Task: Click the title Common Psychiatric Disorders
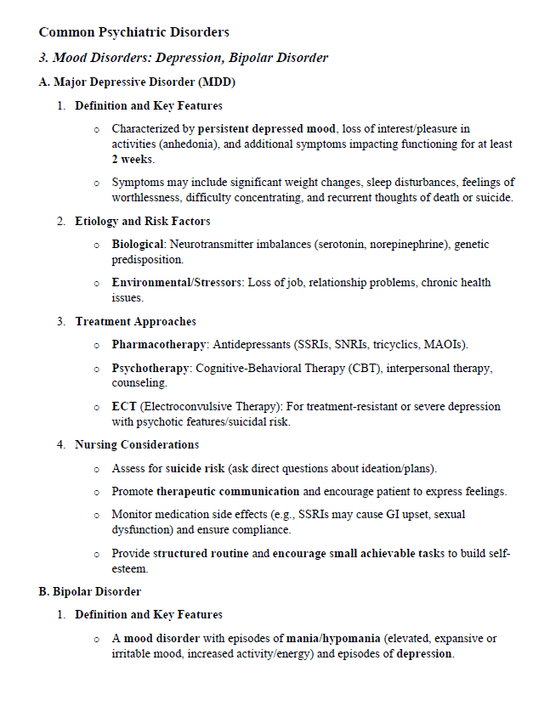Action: [x=133, y=32]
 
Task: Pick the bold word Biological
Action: [x=138, y=245]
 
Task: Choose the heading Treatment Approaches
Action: [x=135, y=322]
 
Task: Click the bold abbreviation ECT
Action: [x=123, y=407]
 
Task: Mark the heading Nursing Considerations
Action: [x=137, y=445]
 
